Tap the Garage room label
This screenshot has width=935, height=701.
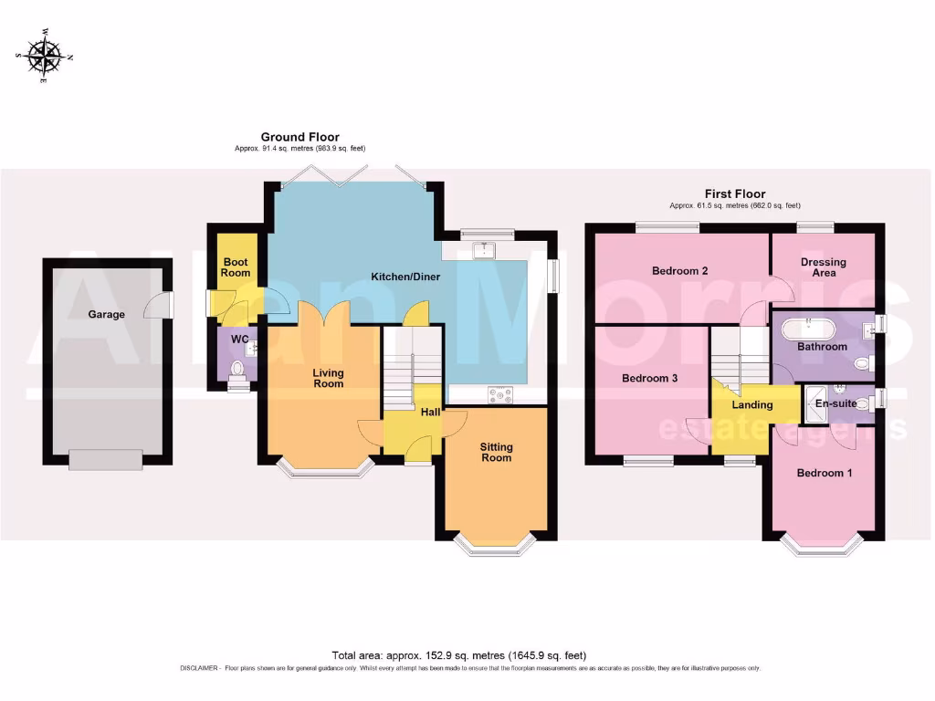106,314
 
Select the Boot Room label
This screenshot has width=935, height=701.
236,267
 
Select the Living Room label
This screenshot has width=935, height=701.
328,378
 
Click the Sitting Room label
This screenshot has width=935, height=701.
497,453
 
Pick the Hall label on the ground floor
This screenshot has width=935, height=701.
431,413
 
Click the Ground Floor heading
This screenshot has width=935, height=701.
299,137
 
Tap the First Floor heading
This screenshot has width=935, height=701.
734,194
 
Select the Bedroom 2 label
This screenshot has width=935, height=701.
680,271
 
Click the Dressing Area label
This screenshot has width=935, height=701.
824,267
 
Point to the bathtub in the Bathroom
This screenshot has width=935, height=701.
816,324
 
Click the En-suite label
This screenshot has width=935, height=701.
834,402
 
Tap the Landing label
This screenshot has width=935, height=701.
752,404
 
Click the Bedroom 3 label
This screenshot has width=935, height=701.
649,378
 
